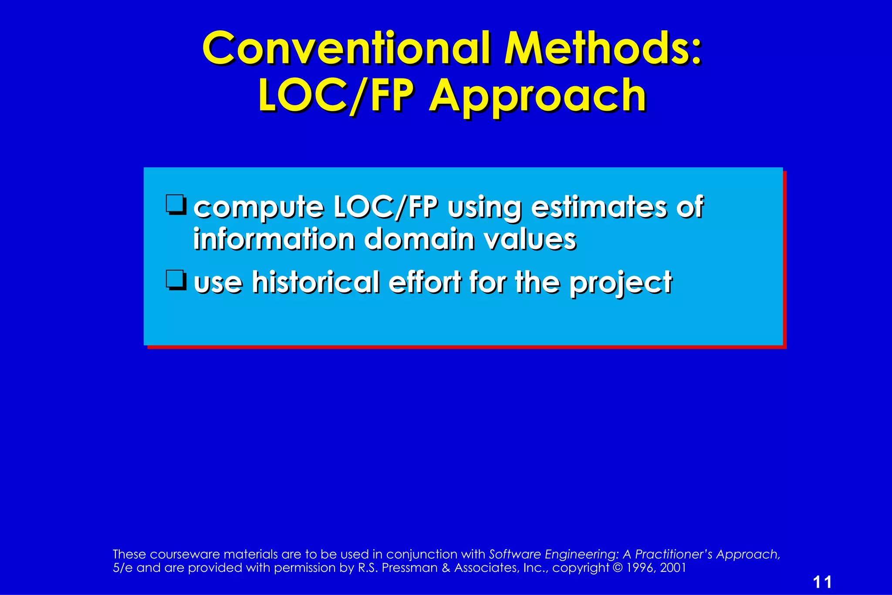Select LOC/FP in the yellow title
click(334, 96)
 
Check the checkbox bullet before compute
click(176, 205)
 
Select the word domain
click(419, 239)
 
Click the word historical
click(316, 282)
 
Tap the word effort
click(425, 282)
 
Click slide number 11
click(822, 582)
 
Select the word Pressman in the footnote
click(409, 568)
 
